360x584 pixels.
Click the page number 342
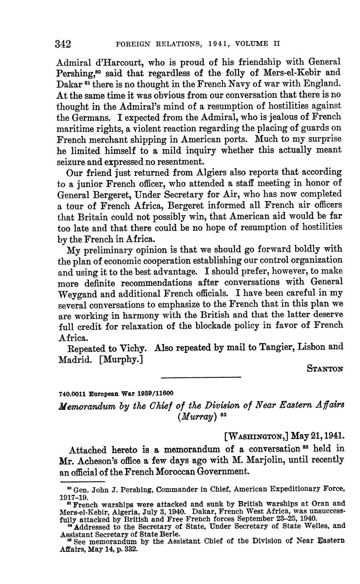click(63, 44)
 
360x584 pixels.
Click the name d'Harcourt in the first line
click(114, 62)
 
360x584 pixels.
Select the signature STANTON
click(325, 369)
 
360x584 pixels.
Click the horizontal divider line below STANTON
click(201, 377)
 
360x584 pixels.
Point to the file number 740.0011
click(71, 393)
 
